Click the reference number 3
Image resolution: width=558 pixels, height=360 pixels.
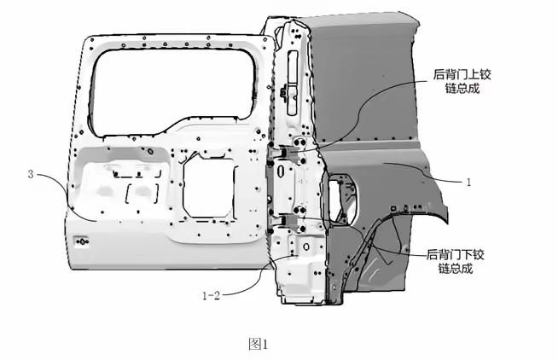pos(31,174)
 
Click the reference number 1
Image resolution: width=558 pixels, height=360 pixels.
pos(468,182)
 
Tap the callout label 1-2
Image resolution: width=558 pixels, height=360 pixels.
pos(212,295)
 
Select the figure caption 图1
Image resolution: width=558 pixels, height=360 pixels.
pos(258,344)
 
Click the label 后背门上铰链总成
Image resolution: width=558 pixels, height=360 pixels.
pos(463,80)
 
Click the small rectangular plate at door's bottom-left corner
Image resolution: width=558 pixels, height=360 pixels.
pos(84,240)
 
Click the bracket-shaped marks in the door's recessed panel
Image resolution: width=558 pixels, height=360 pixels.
pos(141,190)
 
